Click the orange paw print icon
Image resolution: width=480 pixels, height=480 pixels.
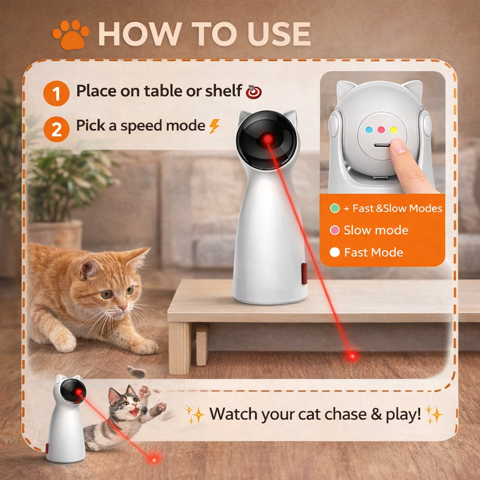pos(71,35)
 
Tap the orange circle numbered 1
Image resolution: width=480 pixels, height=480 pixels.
pos(56,93)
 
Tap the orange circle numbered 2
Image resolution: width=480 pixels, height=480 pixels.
pos(56,129)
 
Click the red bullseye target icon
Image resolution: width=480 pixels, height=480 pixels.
pos(254,91)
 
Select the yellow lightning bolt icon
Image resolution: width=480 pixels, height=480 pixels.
pos(215,126)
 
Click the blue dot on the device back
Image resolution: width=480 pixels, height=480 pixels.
pos(369,130)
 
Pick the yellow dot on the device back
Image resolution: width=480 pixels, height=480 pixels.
pos(394,130)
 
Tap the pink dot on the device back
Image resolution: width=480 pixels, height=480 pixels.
pos(381,130)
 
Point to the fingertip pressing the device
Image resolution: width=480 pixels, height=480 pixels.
pos(398,146)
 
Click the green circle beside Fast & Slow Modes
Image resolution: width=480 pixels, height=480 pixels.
pos(335,209)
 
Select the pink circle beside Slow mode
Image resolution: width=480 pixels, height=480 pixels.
pos(335,230)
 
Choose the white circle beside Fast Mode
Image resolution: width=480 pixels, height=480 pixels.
pos(335,252)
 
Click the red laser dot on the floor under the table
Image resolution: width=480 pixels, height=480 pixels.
pos(352,356)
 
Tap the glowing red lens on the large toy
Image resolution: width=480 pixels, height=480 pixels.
pos(267,140)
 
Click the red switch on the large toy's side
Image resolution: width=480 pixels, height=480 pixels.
pos(304,273)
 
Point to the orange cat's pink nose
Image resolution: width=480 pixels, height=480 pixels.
pos(122,307)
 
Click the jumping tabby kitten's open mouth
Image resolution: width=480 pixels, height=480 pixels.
pos(134,412)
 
